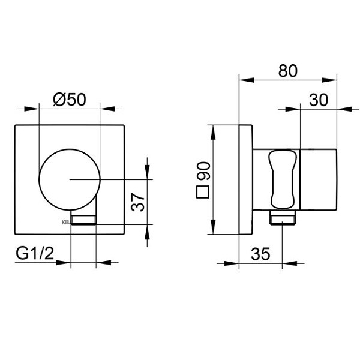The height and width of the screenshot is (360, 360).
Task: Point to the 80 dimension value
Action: [287, 70]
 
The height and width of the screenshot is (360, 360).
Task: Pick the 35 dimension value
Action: [260, 254]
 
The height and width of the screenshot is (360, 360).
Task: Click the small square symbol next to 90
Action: [203, 193]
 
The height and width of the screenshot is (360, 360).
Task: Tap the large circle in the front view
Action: [70, 179]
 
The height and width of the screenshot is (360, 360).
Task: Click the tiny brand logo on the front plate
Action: [65, 221]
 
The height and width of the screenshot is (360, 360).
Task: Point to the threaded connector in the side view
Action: [283, 218]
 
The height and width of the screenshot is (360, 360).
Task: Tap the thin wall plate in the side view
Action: [245, 179]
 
